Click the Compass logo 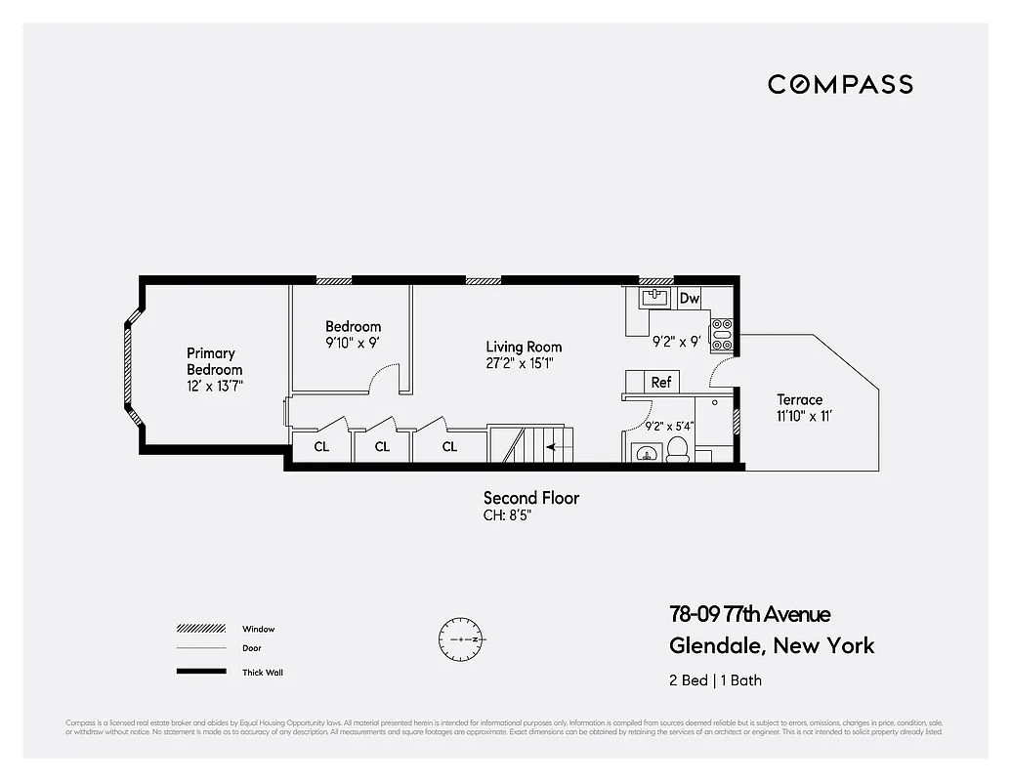(x=840, y=84)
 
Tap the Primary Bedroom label (x=214, y=361)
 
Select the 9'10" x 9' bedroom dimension (x=353, y=343)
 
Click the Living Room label (x=524, y=347)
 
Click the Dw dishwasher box (x=690, y=299)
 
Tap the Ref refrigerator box (x=661, y=383)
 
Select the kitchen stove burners (x=722, y=334)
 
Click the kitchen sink (x=653, y=297)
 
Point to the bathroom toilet (x=676, y=449)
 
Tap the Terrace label (x=799, y=399)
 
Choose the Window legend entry (x=259, y=629)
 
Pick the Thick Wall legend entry (x=262, y=672)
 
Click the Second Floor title (x=531, y=498)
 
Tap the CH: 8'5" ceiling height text (x=508, y=515)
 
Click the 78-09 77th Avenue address (x=749, y=614)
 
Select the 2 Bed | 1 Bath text (x=714, y=680)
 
